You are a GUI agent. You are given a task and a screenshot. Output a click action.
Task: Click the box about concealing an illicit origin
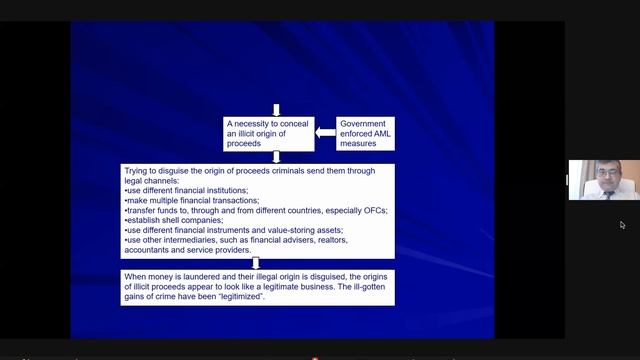268,134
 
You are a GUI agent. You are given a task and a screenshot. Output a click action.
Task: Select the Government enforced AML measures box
365,134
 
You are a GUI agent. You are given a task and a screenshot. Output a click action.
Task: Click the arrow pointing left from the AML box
326,133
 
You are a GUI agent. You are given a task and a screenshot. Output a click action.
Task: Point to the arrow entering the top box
276,110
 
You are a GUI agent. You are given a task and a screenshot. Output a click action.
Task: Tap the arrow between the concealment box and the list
276,157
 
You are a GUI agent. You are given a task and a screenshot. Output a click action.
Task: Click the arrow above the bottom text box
256,262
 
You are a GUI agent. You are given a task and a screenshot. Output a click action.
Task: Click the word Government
364,124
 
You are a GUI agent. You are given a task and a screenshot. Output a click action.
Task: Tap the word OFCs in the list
375,211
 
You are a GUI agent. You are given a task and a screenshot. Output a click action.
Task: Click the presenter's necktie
607,193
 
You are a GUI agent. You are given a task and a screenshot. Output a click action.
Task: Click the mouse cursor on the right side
622,225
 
